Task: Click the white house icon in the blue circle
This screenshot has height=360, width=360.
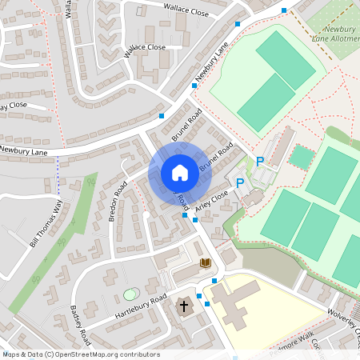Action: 180,172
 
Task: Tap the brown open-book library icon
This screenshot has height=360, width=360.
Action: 205,262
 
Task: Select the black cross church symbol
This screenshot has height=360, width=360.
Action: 184,306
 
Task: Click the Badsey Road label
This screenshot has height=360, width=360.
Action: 82,322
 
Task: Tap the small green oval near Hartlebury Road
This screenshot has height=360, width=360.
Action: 130,294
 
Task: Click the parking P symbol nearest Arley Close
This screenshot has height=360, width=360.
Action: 240,184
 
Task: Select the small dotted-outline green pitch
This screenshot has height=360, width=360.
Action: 301,157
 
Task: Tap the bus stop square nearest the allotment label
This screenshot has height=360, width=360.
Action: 284,10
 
